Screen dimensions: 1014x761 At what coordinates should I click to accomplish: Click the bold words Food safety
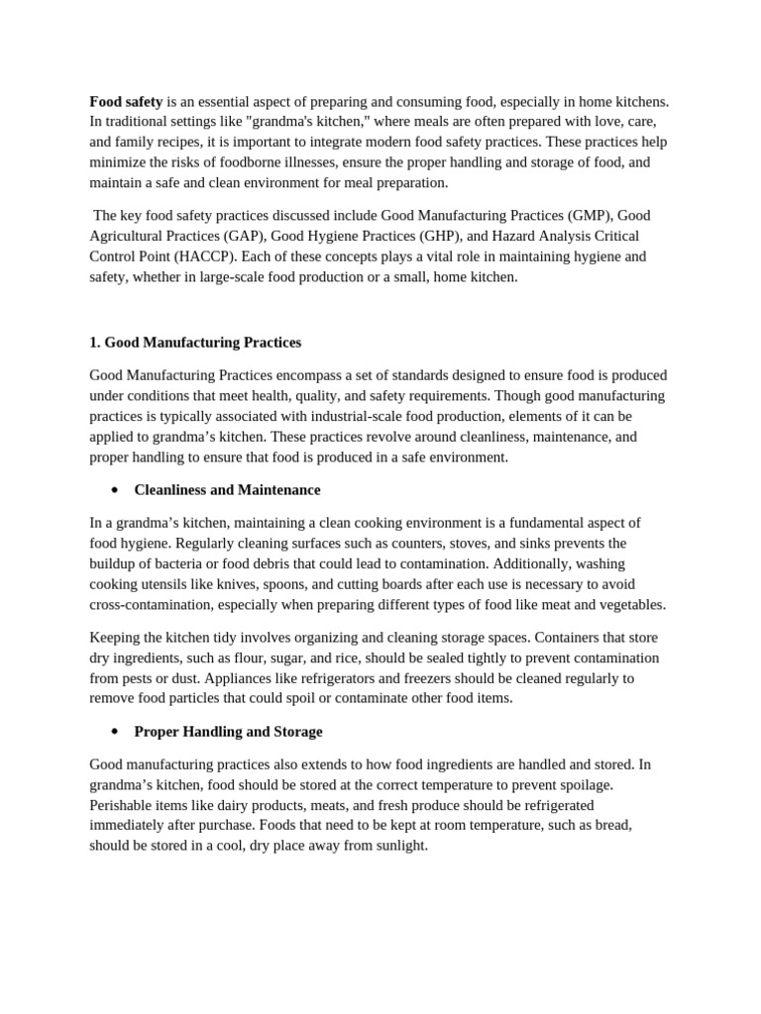click(x=126, y=101)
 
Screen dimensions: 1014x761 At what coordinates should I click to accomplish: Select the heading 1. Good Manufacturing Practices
click(x=195, y=343)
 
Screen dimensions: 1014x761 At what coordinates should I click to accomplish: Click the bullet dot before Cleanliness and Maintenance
click(x=115, y=490)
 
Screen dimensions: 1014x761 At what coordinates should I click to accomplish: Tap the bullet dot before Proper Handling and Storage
click(x=115, y=732)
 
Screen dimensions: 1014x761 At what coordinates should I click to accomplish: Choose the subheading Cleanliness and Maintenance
click(x=227, y=490)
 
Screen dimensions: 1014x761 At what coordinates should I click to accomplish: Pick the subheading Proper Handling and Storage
click(x=228, y=732)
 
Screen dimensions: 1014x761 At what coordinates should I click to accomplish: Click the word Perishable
click(x=121, y=805)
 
